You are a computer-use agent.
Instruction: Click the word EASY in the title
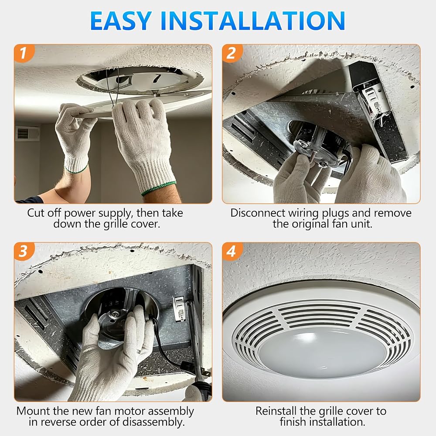coord(121,21)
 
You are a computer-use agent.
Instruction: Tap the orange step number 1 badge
coord(24,53)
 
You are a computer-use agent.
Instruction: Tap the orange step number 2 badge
coord(232,53)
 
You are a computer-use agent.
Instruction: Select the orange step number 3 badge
coord(24,251)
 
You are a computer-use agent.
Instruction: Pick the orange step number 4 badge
coord(232,251)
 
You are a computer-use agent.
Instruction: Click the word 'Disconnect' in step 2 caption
coord(257,213)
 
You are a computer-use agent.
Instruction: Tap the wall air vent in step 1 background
coord(27,133)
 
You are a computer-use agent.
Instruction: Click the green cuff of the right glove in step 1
coord(159,188)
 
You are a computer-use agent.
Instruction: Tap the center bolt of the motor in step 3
coord(114,314)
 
